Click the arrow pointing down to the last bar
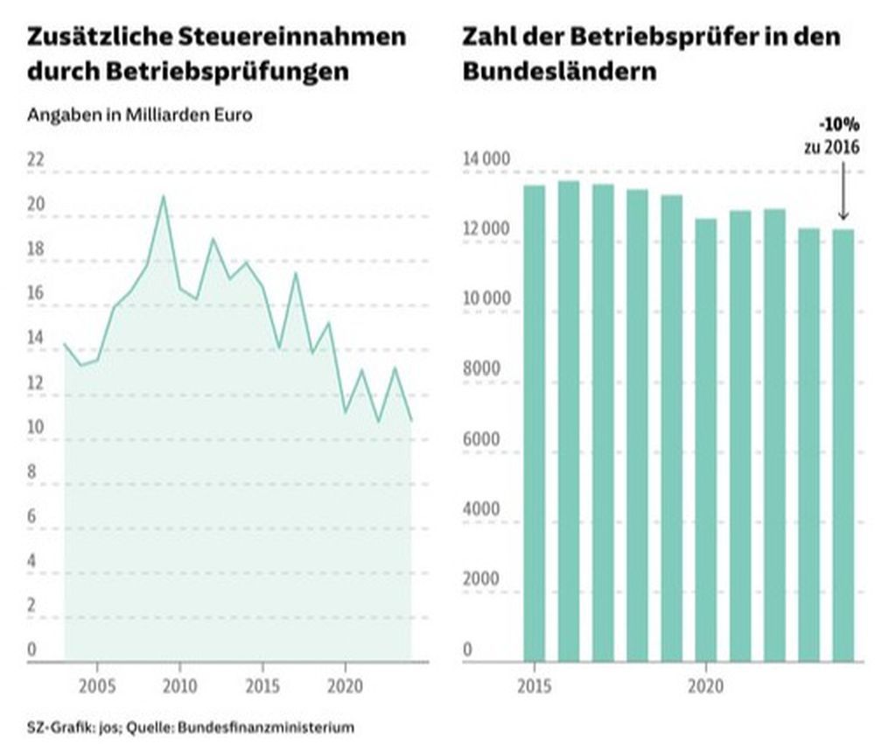click(x=843, y=188)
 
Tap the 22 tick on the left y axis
click(x=37, y=160)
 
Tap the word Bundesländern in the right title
click(x=559, y=71)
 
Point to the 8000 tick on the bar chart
click(x=480, y=369)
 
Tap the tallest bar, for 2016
click(x=569, y=420)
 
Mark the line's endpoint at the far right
click(x=411, y=421)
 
